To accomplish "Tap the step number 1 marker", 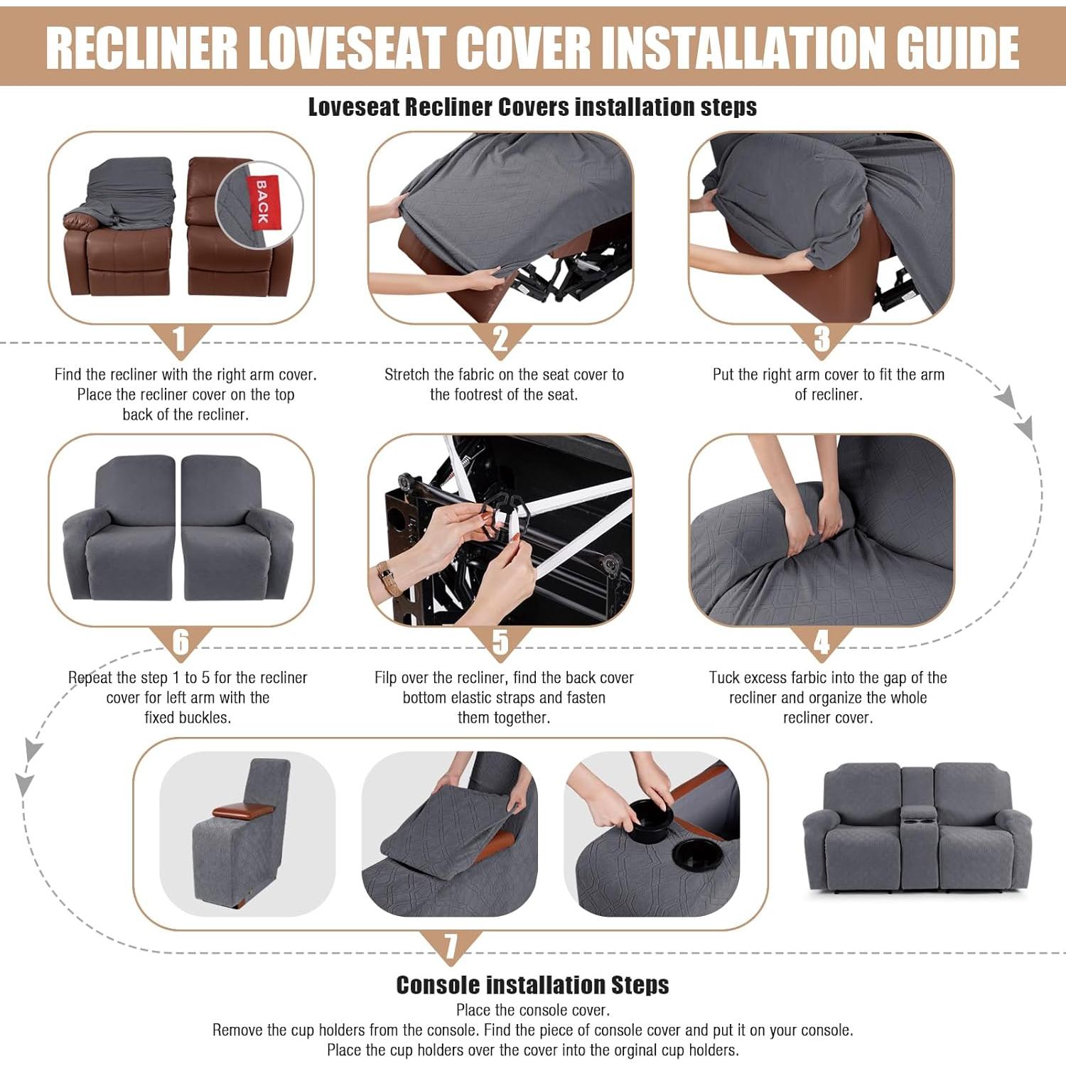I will tap(179, 340).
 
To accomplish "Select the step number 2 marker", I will tap(500, 340).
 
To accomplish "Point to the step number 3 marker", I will tap(822, 340).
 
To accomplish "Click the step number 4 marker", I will tap(822, 643).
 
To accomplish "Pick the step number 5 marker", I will tap(500, 643).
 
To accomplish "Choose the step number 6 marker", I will tap(181, 643).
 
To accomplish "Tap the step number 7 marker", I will tap(451, 947).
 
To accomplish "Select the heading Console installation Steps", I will tap(532, 985).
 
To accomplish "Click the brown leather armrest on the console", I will tap(243, 809).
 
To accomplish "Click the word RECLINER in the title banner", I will tap(142, 48).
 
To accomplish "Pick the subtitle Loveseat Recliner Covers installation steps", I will tap(532, 107).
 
